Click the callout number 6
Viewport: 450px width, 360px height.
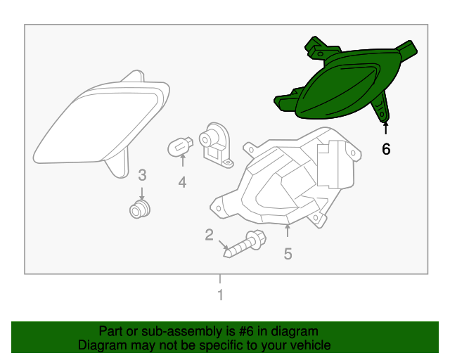(385, 149)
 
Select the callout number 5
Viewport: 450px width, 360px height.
(288, 254)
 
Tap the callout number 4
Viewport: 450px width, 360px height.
(182, 183)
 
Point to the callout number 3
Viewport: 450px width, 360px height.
(141, 174)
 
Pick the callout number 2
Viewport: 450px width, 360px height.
(209, 235)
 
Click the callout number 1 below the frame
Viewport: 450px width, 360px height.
(220, 295)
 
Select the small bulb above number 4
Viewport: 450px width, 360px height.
(180, 146)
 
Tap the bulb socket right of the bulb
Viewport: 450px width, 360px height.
(214, 144)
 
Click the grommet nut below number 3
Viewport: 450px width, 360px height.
(141, 208)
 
